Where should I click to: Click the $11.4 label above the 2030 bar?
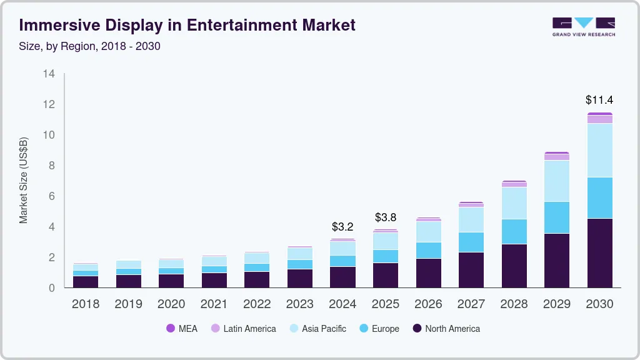599,99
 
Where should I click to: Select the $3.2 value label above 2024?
342,226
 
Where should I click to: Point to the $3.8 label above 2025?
386,217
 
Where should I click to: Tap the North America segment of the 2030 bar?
599,252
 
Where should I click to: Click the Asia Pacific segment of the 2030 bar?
599,150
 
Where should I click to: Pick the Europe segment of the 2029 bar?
557,217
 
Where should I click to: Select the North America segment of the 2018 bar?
86,281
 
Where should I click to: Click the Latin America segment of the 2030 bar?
599,119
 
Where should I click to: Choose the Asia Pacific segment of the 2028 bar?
514,203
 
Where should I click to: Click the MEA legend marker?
171,329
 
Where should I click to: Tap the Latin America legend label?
249,329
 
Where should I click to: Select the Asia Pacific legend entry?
324,329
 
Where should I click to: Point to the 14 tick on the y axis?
49,74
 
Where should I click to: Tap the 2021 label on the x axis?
214,304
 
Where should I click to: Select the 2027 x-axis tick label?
471,304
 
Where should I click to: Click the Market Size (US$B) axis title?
24,181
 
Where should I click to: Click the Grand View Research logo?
583,26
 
